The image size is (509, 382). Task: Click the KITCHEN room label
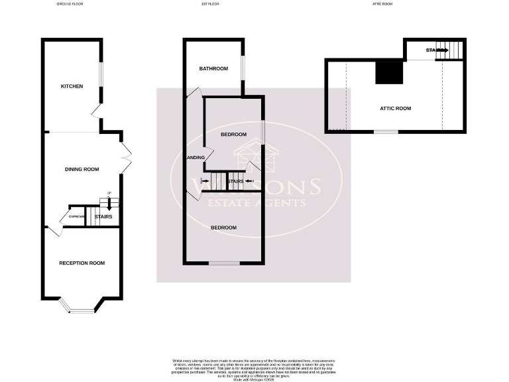72,86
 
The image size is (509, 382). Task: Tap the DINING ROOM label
82,169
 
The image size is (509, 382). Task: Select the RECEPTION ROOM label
82,263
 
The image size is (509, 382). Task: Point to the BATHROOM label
214,69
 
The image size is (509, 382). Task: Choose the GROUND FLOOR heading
70,4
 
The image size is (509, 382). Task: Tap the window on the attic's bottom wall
386,132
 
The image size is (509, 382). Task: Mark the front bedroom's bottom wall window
223,264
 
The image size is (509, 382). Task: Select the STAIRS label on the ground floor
103,217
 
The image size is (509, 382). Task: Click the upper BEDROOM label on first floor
233,135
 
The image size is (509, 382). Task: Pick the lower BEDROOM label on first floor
223,228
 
